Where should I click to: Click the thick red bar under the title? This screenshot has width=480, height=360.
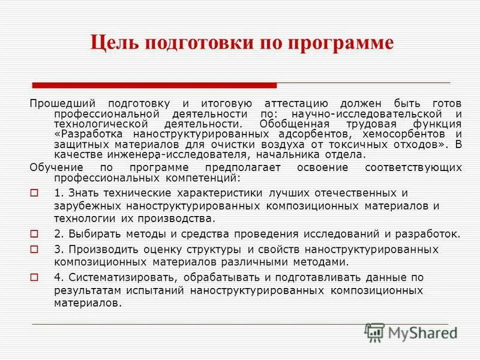pos(154,85)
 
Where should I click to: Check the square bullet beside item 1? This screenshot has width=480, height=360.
pos(34,193)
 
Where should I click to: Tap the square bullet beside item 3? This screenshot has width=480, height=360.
pos(34,248)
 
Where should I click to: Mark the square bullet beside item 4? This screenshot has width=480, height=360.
pos(34,277)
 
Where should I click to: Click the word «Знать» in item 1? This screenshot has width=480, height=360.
pos(79,193)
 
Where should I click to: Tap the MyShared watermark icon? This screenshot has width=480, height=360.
pos(374,332)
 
